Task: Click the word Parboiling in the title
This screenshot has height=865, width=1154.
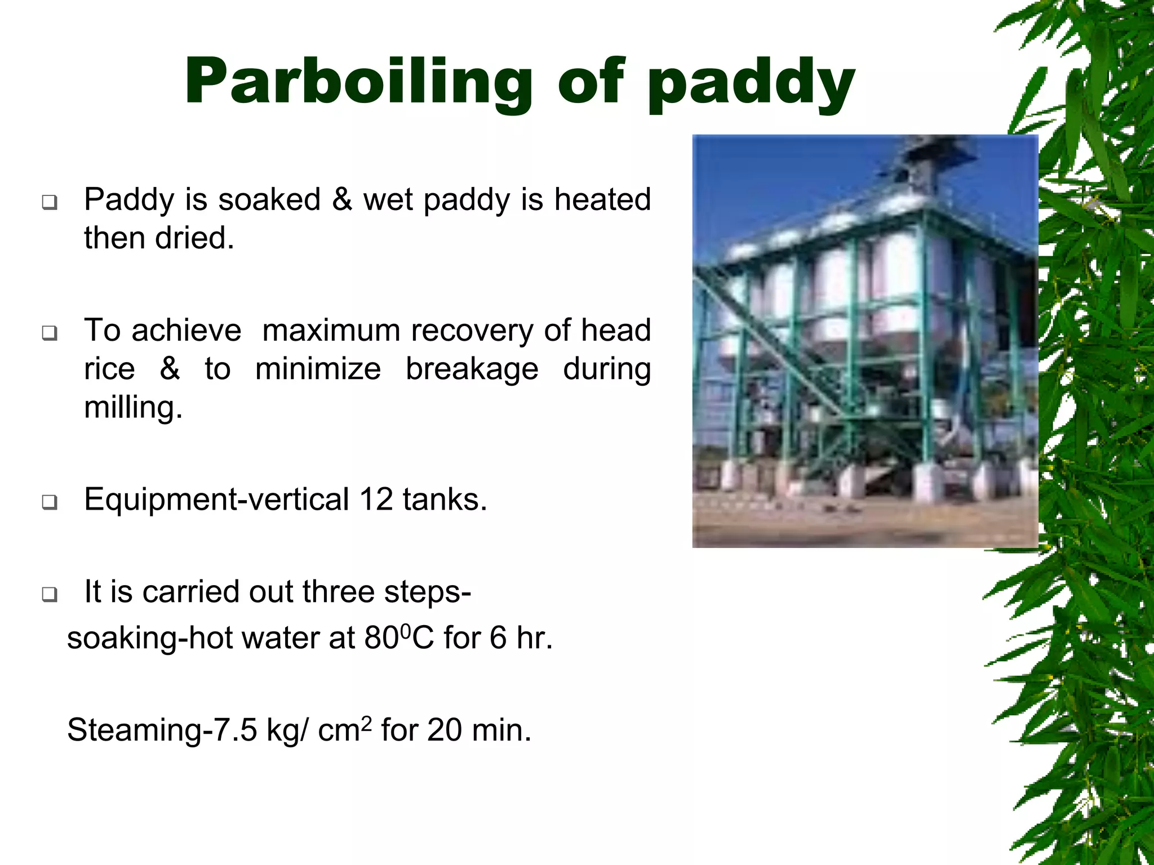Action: (x=358, y=83)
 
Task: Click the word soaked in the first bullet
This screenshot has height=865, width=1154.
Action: (x=269, y=199)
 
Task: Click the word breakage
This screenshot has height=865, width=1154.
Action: (x=472, y=369)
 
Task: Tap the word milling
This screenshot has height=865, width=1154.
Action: (x=133, y=408)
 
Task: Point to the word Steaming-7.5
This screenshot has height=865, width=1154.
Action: (x=162, y=730)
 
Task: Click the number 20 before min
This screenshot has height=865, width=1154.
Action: (x=444, y=730)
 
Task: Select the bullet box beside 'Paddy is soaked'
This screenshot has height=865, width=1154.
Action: (x=50, y=202)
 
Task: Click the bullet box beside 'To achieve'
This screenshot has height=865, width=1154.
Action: (x=50, y=333)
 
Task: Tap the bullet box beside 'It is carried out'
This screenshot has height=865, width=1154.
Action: (x=50, y=594)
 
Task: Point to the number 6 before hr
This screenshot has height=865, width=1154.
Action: (x=498, y=638)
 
